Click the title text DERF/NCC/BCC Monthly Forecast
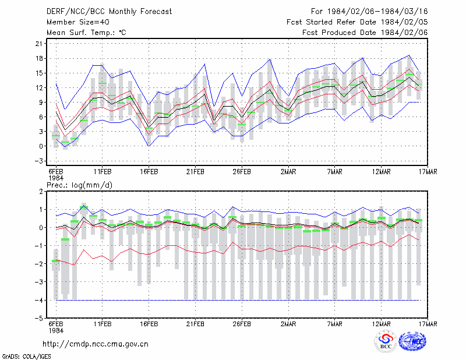[109, 12]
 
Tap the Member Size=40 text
[78, 22]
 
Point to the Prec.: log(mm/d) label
[79, 185]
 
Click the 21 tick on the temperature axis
[39, 44]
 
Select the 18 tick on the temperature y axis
[39, 58]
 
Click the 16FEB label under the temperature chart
[149, 172]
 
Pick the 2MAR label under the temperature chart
[288, 172]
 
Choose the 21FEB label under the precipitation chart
[195, 324]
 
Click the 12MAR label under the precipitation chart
[381, 324]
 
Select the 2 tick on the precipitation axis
[41, 192]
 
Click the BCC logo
[385, 341]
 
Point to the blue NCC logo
[412, 341]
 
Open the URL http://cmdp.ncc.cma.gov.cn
[96, 344]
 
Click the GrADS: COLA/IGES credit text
[27, 357]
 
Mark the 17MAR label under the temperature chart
[428, 172]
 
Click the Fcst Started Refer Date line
[357, 22]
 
